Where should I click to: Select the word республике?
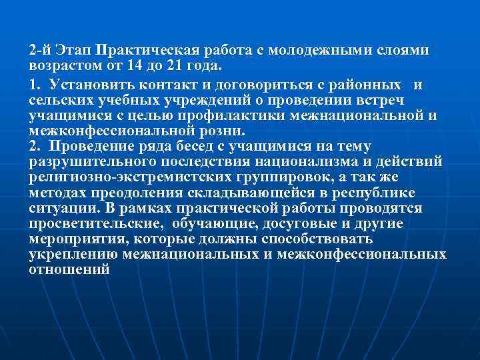point(377,192)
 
